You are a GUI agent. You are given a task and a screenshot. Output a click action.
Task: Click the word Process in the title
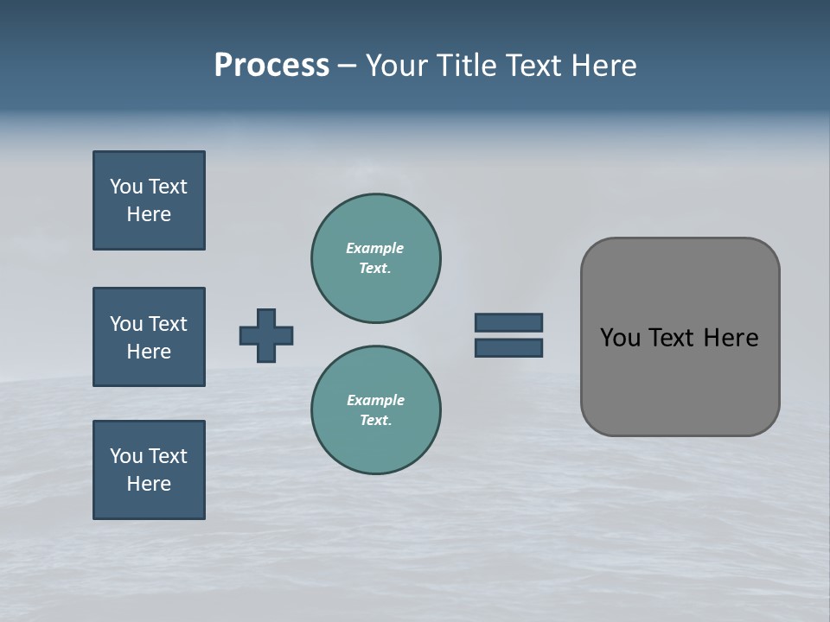(271, 66)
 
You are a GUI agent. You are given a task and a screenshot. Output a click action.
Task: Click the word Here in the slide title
(603, 66)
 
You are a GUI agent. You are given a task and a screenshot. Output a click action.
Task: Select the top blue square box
(149, 200)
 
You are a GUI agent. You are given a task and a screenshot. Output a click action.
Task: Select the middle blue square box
(149, 337)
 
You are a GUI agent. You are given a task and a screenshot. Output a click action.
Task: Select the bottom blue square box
(149, 470)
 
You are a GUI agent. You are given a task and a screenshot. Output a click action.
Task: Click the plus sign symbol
(266, 335)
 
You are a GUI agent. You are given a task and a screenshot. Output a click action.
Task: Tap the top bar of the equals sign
(508, 323)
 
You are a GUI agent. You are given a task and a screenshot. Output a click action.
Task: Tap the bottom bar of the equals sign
(508, 348)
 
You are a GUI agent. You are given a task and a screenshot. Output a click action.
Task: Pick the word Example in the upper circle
(374, 248)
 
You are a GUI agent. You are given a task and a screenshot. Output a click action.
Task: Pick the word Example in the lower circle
(375, 400)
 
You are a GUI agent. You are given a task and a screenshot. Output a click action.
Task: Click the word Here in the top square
(149, 214)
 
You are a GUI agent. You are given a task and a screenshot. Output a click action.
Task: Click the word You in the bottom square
(126, 456)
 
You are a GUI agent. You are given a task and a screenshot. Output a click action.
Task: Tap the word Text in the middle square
(167, 324)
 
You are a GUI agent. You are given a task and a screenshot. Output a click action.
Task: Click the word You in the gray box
(620, 338)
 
